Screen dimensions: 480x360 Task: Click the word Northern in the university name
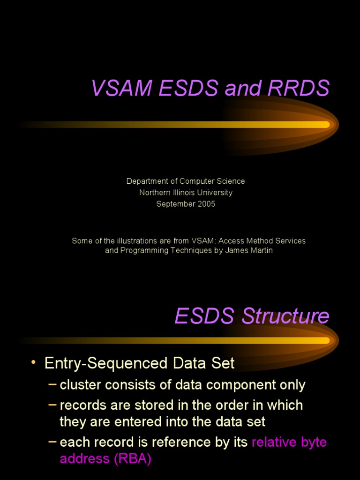pos(155,193)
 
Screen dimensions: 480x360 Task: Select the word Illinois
pos(186,193)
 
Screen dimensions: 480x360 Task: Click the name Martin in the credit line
pos(261,250)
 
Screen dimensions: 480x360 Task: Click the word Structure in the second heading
pos(285,316)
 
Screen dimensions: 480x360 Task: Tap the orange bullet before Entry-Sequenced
pos(33,363)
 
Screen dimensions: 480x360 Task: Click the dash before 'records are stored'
pos(53,404)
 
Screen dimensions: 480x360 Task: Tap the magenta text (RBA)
pos(132,459)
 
